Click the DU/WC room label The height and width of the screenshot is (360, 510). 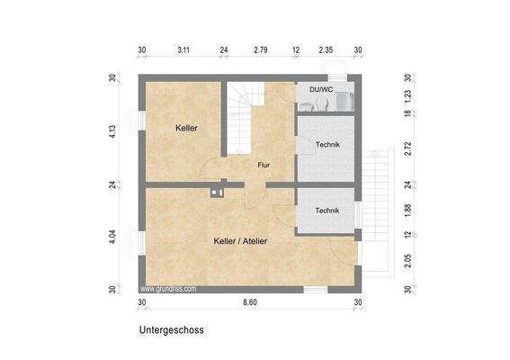(x=319, y=89)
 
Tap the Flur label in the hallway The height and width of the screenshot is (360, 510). (x=264, y=165)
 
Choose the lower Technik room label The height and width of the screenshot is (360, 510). (x=327, y=211)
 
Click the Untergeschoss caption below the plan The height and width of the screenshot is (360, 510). (x=171, y=330)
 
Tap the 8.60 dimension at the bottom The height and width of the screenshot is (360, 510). (x=250, y=302)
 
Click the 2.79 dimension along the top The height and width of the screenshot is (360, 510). (x=261, y=50)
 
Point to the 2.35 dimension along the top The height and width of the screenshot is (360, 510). (x=326, y=50)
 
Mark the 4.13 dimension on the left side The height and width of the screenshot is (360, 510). (x=112, y=130)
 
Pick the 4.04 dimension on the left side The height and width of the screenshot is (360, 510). (x=112, y=238)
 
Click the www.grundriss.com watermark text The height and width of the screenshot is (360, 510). (x=168, y=290)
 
